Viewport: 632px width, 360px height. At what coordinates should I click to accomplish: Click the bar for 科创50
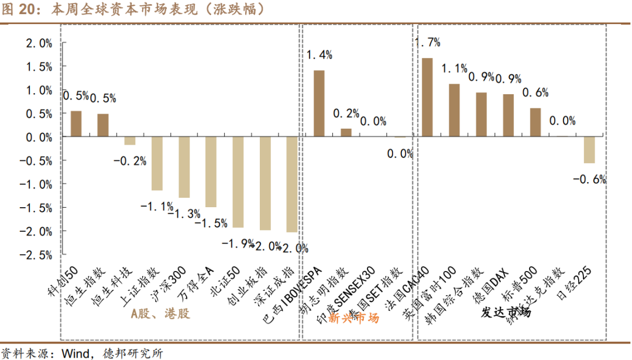pos(76,124)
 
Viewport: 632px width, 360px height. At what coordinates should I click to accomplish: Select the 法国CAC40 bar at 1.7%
pos(427,97)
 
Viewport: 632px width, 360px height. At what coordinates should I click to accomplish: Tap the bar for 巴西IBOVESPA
pos(320,104)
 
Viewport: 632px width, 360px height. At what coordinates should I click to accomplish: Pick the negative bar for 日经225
pos(589,150)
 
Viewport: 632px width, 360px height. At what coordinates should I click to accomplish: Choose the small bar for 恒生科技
pos(130,140)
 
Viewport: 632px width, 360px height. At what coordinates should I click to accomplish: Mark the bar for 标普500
pos(535,122)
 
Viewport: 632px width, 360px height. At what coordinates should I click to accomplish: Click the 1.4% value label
pos(320,55)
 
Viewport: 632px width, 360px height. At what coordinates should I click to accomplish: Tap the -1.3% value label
pos(184,214)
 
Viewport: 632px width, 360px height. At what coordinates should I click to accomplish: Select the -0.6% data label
pos(589,179)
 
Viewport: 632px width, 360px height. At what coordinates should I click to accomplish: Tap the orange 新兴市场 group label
pos(354,318)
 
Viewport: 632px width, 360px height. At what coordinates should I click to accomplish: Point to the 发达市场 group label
pos(506,312)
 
